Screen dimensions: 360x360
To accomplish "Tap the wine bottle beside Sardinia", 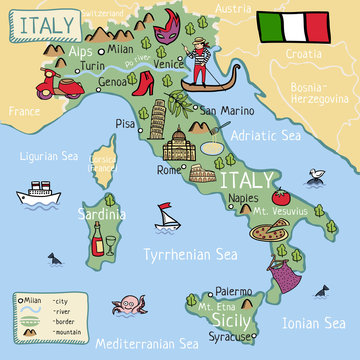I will [98, 240].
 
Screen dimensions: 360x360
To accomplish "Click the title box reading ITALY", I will [31, 24].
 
